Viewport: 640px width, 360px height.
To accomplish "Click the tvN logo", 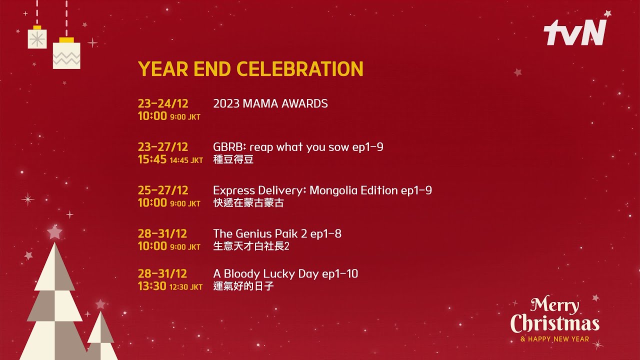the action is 575,32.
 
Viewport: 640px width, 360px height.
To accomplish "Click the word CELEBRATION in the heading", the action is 300,69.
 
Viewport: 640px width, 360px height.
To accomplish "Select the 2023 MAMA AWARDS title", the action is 270,103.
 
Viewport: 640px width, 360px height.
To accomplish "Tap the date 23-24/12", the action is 163,103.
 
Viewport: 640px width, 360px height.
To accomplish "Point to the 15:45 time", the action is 152,159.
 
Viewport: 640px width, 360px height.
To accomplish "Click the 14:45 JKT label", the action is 186,160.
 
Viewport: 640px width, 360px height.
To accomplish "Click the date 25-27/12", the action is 163,190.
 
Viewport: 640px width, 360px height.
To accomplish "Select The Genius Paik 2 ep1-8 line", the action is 277,233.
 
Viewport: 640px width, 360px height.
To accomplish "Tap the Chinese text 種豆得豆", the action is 233,159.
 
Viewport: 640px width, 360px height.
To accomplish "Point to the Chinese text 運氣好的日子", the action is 243,286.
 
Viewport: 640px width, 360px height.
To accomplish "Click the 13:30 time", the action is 152,286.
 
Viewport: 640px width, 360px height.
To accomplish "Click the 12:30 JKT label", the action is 186,287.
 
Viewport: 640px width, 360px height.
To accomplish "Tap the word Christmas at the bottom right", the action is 555,323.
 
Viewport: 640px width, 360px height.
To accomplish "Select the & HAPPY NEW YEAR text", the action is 555,339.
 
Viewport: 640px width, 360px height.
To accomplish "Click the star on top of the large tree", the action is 54,232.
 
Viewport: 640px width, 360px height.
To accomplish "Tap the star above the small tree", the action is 100,304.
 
